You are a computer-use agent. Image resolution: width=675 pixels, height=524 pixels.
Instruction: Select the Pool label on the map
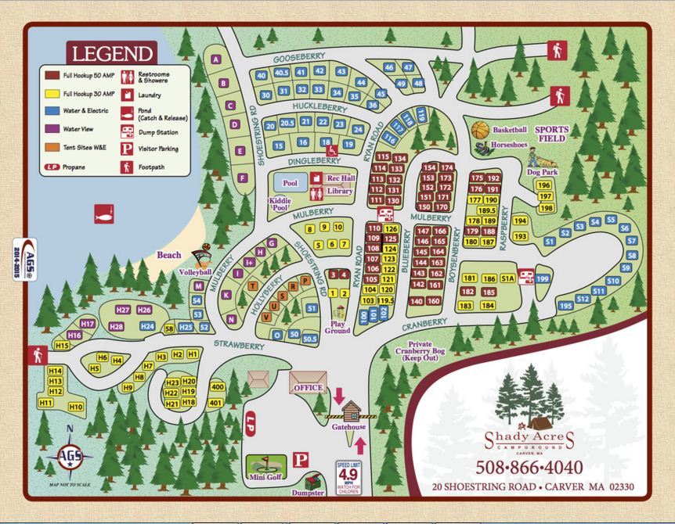coord(290,182)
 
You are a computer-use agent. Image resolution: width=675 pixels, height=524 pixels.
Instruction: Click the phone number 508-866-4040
coord(529,467)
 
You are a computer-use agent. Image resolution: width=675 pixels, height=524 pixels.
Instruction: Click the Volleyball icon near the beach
coord(205,256)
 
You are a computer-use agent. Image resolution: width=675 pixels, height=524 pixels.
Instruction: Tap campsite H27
coord(123,310)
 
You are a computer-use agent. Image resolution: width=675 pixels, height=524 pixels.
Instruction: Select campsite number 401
coord(216,402)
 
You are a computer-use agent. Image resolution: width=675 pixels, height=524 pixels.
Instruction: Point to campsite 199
coord(543,279)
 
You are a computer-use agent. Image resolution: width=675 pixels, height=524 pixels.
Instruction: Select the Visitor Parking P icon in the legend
coord(124,149)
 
